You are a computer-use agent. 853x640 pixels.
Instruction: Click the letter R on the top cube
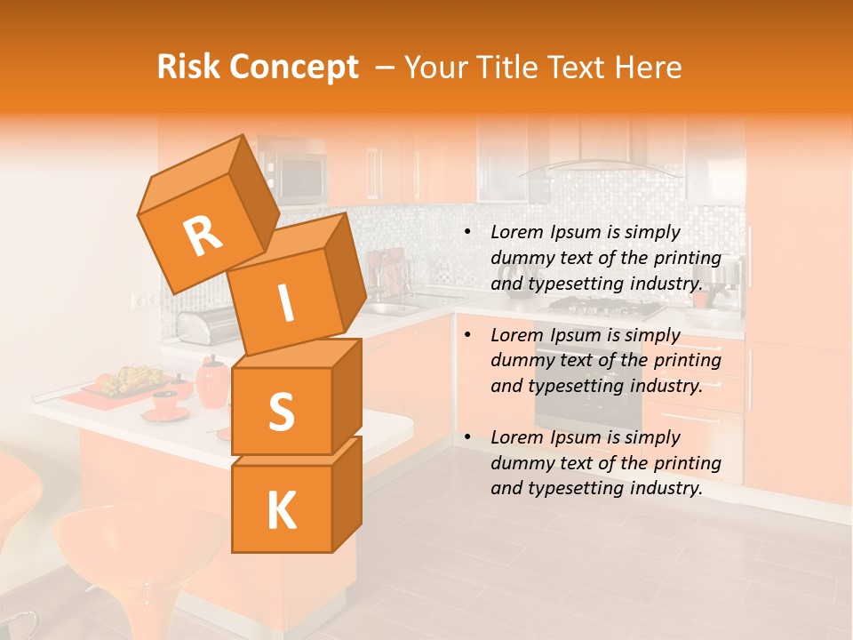pyautogui.click(x=203, y=236)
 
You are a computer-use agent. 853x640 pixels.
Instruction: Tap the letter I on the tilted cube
pyautogui.click(x=285, y=303)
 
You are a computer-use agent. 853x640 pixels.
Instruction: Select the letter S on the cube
pyautogui.click(x=281, y=412)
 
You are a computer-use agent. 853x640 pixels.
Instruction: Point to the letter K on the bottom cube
pyautogui.click(x=281, y=510)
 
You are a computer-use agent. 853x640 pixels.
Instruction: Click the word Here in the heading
pyautogui.click(x=649, y=68)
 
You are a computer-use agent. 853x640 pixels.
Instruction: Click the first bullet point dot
pyautogui.click(x=466, y=233)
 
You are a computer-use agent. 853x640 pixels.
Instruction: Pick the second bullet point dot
pyautogui.click(x=466, y=336)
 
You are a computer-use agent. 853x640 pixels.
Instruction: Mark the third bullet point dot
pyautogui.click(x=466, y=438)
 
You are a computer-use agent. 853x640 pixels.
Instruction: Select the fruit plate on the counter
pyautogui.click(x=129, y=382)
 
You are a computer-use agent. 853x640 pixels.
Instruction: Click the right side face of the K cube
pyautogui.click(x=347, y=493)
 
